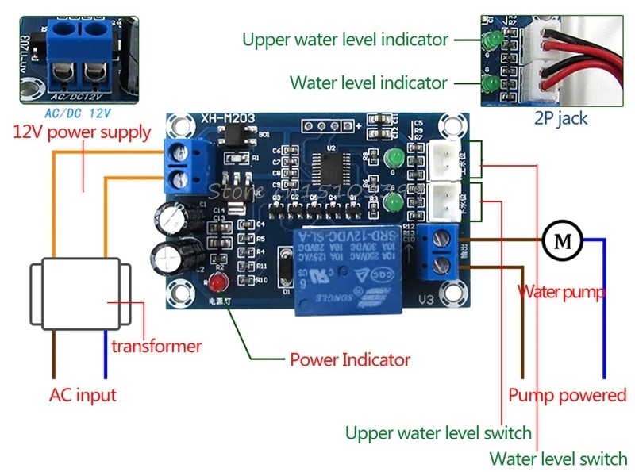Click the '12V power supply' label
coord(81,132)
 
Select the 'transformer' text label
coord(156,346)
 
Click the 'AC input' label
coord(83,395)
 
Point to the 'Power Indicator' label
coord(349,359)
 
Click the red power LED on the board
coord(217,283)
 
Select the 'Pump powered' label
coord(567,395)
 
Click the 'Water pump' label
coord(562,291)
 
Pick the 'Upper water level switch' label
coord(437,433)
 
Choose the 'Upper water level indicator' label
coord(345,39)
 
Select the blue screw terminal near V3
coord(441,251)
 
